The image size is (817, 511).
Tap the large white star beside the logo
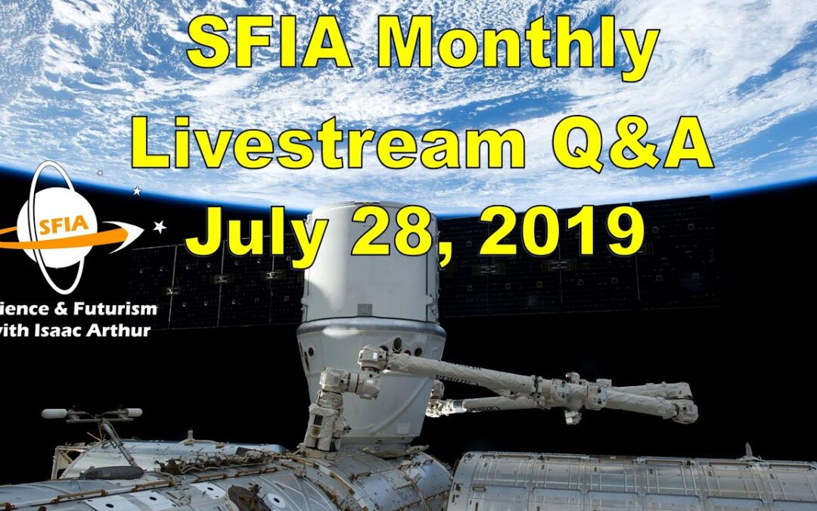point(160,226)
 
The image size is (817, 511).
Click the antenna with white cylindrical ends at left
point(91,414)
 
